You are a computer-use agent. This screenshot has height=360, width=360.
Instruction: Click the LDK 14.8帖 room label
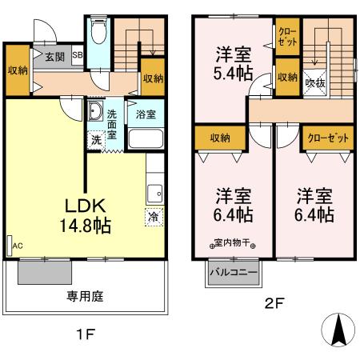[x=82, y=212]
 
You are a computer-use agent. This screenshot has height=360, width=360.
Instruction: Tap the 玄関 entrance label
[x=54, y=57]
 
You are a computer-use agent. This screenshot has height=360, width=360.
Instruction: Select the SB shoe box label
[x=78, y=56]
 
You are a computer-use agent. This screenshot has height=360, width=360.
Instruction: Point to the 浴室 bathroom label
[x=145, y=113]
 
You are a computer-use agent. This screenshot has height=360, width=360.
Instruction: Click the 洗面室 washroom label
[x=113, y=123]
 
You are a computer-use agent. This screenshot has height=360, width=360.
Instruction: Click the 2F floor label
[x=274, y=304]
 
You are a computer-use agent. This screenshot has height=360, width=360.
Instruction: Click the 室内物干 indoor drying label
[x=234, y=242]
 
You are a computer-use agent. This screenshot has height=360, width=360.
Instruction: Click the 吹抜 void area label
[x=314, y=82]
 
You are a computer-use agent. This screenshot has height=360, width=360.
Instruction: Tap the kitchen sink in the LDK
[x=154, y=193]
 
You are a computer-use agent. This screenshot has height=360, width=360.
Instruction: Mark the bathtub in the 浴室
[x=145, y=137]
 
